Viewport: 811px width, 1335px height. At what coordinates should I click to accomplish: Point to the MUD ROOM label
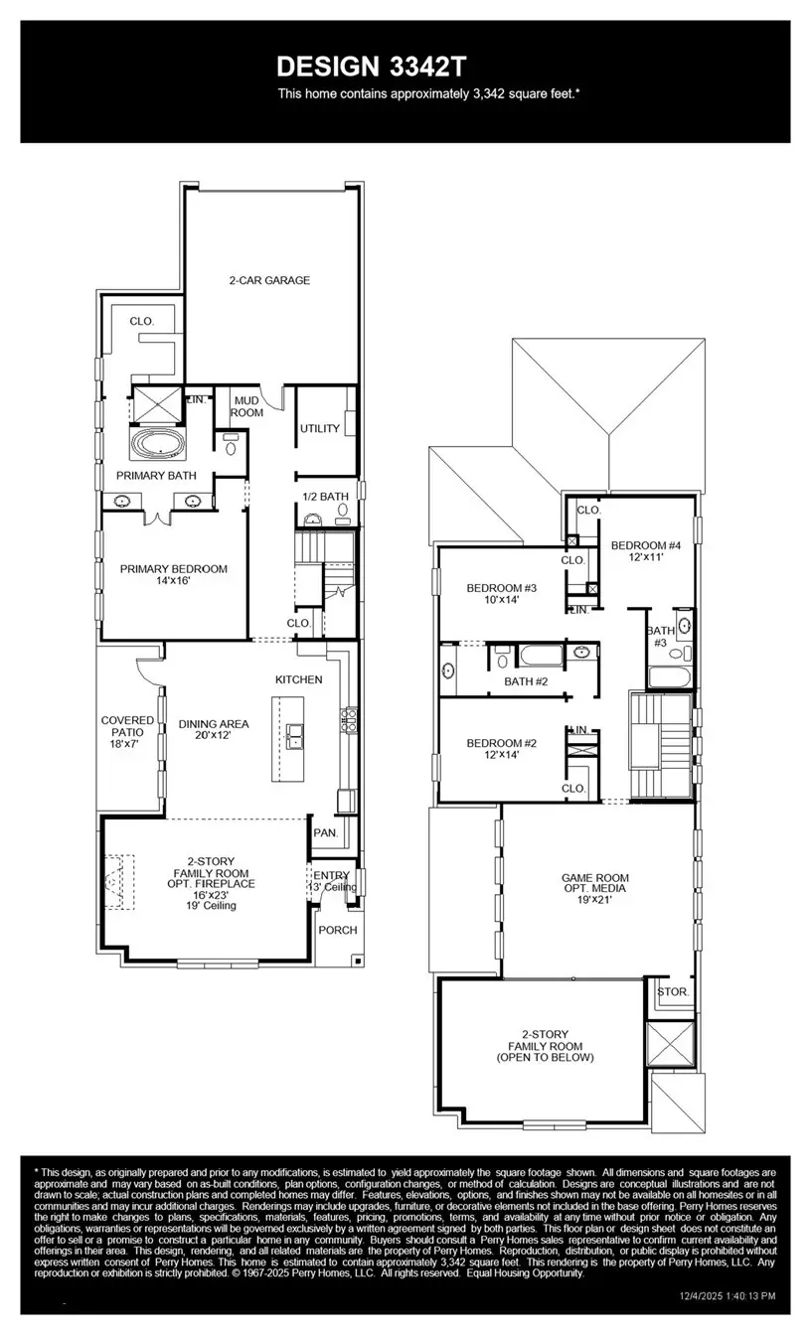point(246,405)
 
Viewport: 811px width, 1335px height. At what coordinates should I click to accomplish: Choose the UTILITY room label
point(320,429)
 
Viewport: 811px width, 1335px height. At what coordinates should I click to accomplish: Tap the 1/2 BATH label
point(326,496)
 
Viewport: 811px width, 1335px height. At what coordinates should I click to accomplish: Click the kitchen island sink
point(295,735)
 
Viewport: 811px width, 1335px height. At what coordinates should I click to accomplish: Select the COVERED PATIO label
point(127,726)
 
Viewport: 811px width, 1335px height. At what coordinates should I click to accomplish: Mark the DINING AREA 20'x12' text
point(214,730)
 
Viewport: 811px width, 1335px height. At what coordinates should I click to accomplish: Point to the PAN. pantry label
point(325,832)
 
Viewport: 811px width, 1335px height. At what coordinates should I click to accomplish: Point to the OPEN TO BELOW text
point(545,1058)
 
